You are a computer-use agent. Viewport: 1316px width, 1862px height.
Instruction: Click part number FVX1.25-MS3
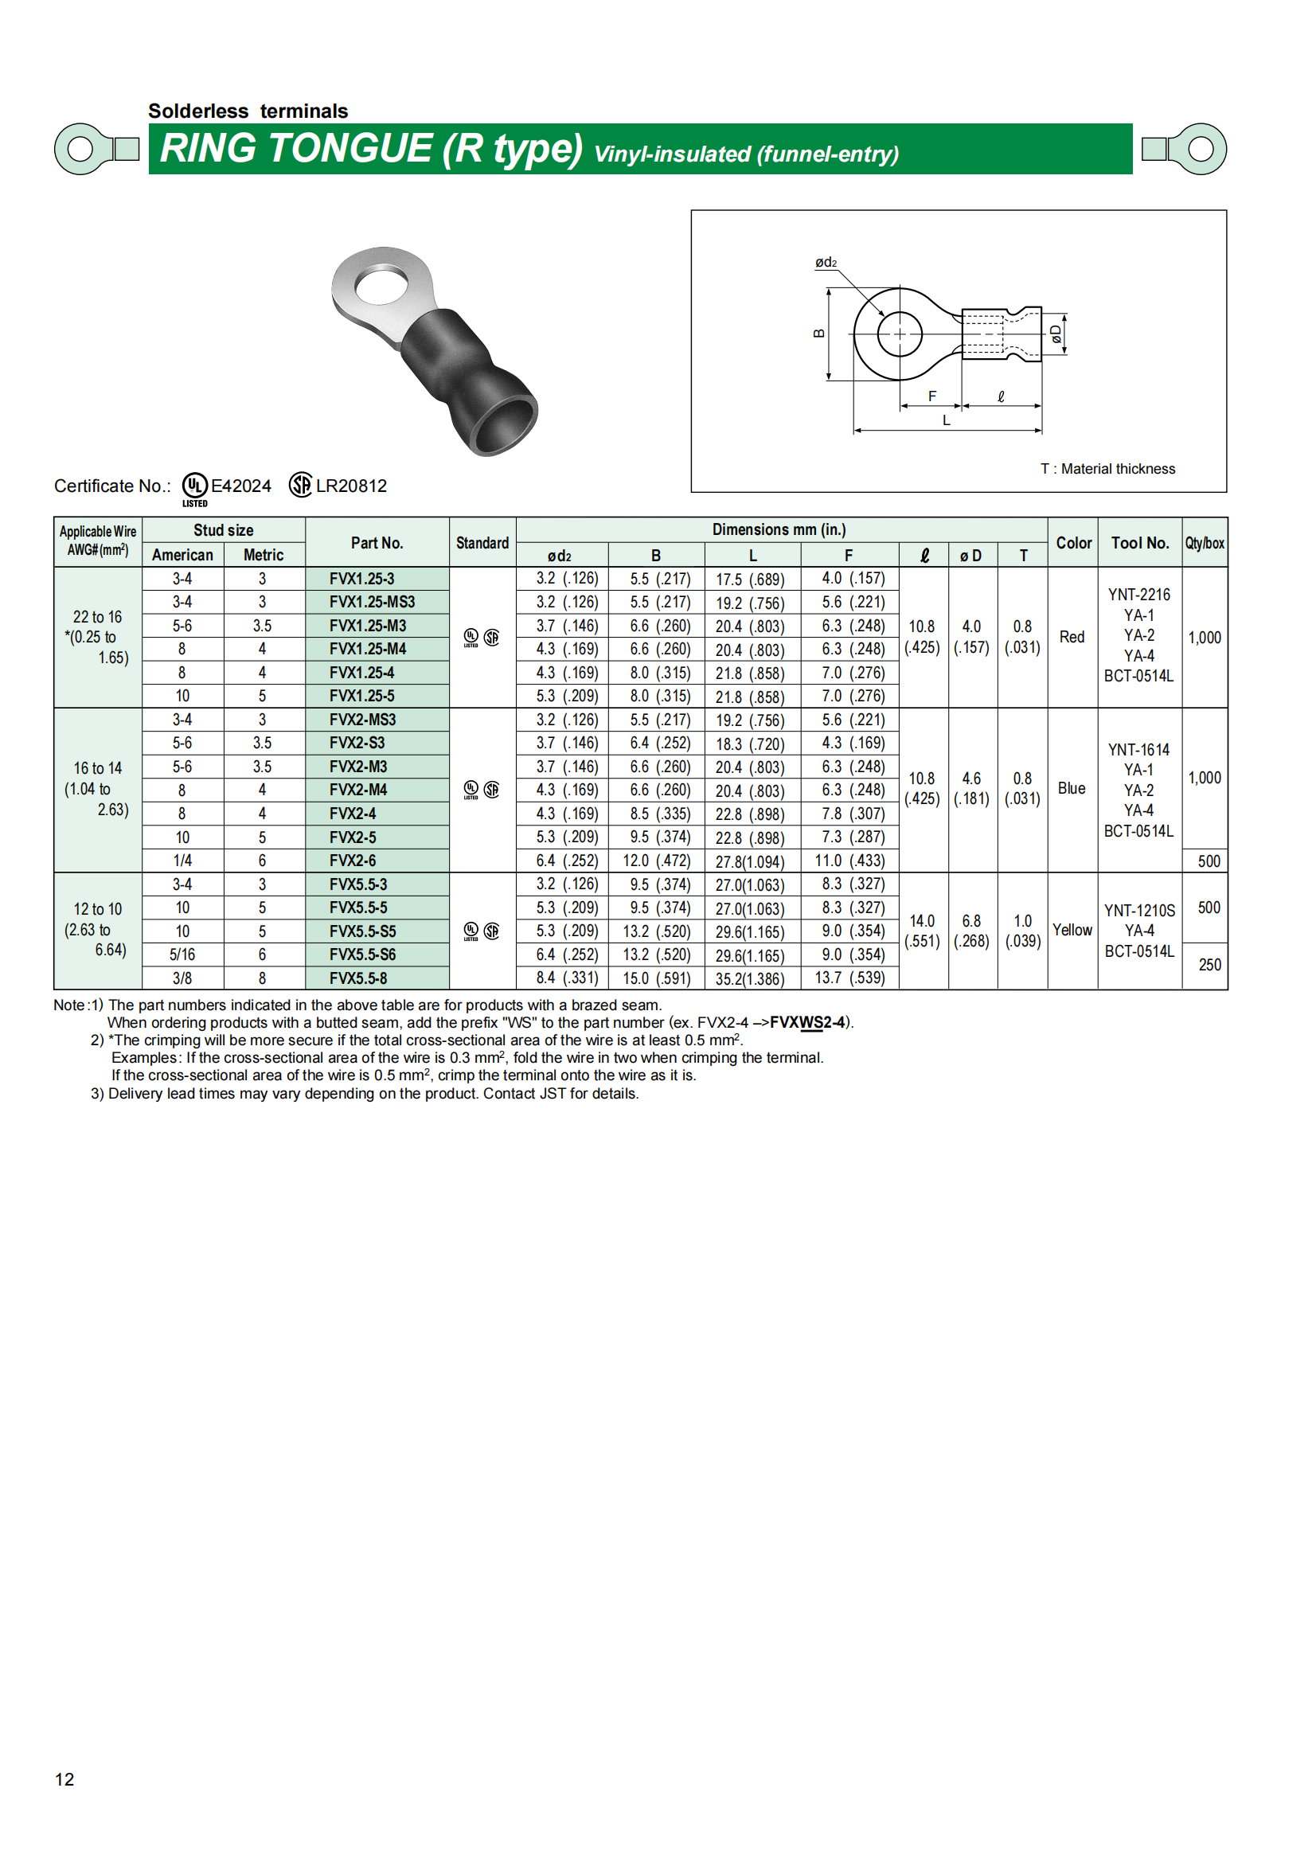372,602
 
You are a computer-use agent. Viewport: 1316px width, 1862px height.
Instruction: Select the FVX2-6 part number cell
353,861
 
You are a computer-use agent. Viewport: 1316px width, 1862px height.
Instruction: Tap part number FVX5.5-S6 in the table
362,954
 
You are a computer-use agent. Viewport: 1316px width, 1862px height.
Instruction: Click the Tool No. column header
1139,543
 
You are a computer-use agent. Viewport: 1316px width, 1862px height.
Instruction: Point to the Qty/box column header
1204,543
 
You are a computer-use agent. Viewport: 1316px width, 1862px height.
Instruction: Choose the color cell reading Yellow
1072,930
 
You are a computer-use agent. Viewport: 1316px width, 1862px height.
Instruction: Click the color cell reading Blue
1071,788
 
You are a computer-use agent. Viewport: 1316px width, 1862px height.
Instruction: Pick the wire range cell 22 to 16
97,617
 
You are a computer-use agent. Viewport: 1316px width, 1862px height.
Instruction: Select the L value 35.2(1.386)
750,979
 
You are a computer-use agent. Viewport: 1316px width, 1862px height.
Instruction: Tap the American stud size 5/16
182,954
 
